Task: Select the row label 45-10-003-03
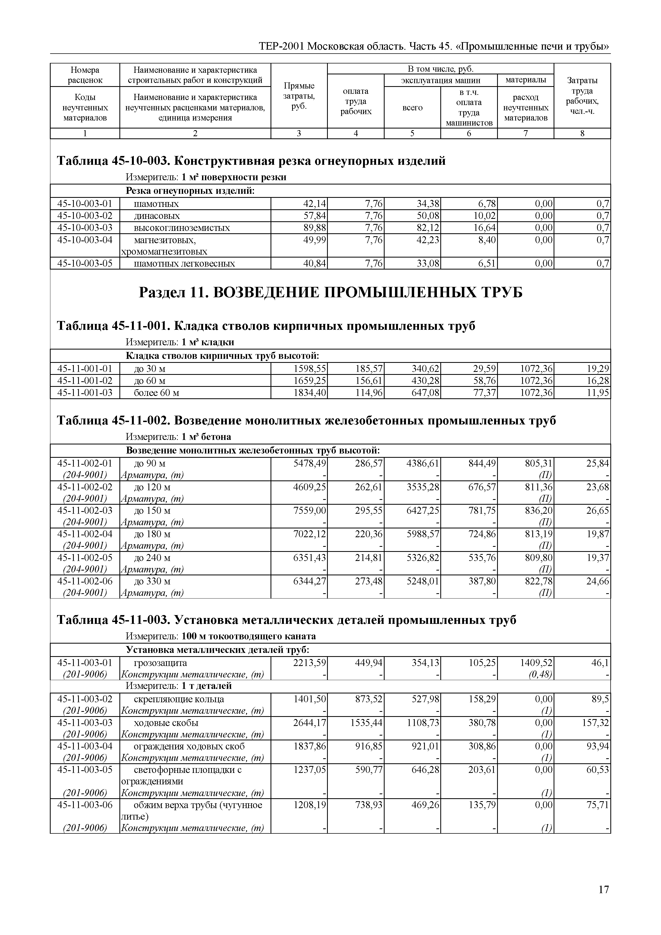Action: (x=85, y=228)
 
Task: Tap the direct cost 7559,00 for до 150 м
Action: (x=309, y=511)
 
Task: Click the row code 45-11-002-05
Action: (x=85, y=557)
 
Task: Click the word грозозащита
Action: (x=160, y=663)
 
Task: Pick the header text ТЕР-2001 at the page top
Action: (x=281, y=46)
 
